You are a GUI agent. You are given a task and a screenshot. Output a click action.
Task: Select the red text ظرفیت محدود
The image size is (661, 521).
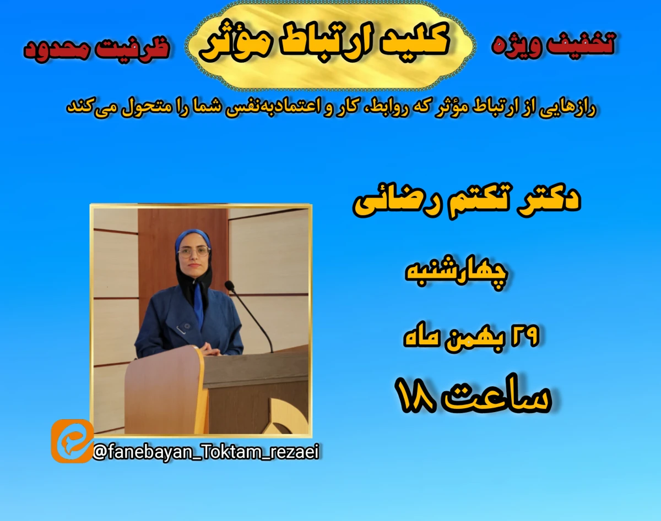pos(96,48)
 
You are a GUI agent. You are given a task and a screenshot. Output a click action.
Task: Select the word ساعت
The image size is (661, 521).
pos(501,399)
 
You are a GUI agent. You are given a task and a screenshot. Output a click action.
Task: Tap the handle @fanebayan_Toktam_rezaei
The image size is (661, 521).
pos(207,452)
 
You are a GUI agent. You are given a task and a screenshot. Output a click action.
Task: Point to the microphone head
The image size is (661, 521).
pos(229,285)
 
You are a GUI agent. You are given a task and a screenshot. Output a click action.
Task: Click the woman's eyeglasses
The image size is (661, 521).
pos(193,251)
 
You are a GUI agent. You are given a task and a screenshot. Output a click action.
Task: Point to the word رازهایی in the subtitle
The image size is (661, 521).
pos(575,108)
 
